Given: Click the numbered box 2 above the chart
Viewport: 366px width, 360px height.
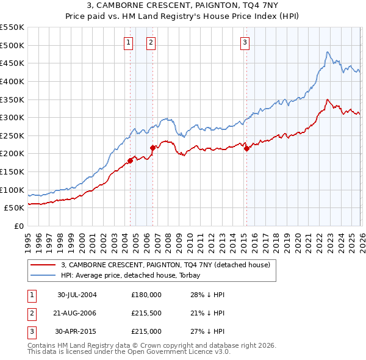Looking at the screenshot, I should coord(151,43).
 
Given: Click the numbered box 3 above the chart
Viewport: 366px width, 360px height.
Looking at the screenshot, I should coord(245,43).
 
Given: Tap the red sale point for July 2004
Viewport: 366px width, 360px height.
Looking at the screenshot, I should coord(130,161).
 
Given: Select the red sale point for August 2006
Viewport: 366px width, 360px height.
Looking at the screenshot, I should coord(152,148).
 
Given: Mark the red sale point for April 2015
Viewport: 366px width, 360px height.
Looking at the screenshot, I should coord(246,148).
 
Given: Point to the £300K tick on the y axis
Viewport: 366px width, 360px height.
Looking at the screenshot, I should coord(12,117).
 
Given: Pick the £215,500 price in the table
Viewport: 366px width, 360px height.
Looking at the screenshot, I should coord(146,313).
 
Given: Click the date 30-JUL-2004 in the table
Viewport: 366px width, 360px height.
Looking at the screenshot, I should coord(77,295).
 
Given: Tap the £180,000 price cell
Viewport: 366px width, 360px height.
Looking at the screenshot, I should coord(146,295).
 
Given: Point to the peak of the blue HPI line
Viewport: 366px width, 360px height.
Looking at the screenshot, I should coord(328,52).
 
